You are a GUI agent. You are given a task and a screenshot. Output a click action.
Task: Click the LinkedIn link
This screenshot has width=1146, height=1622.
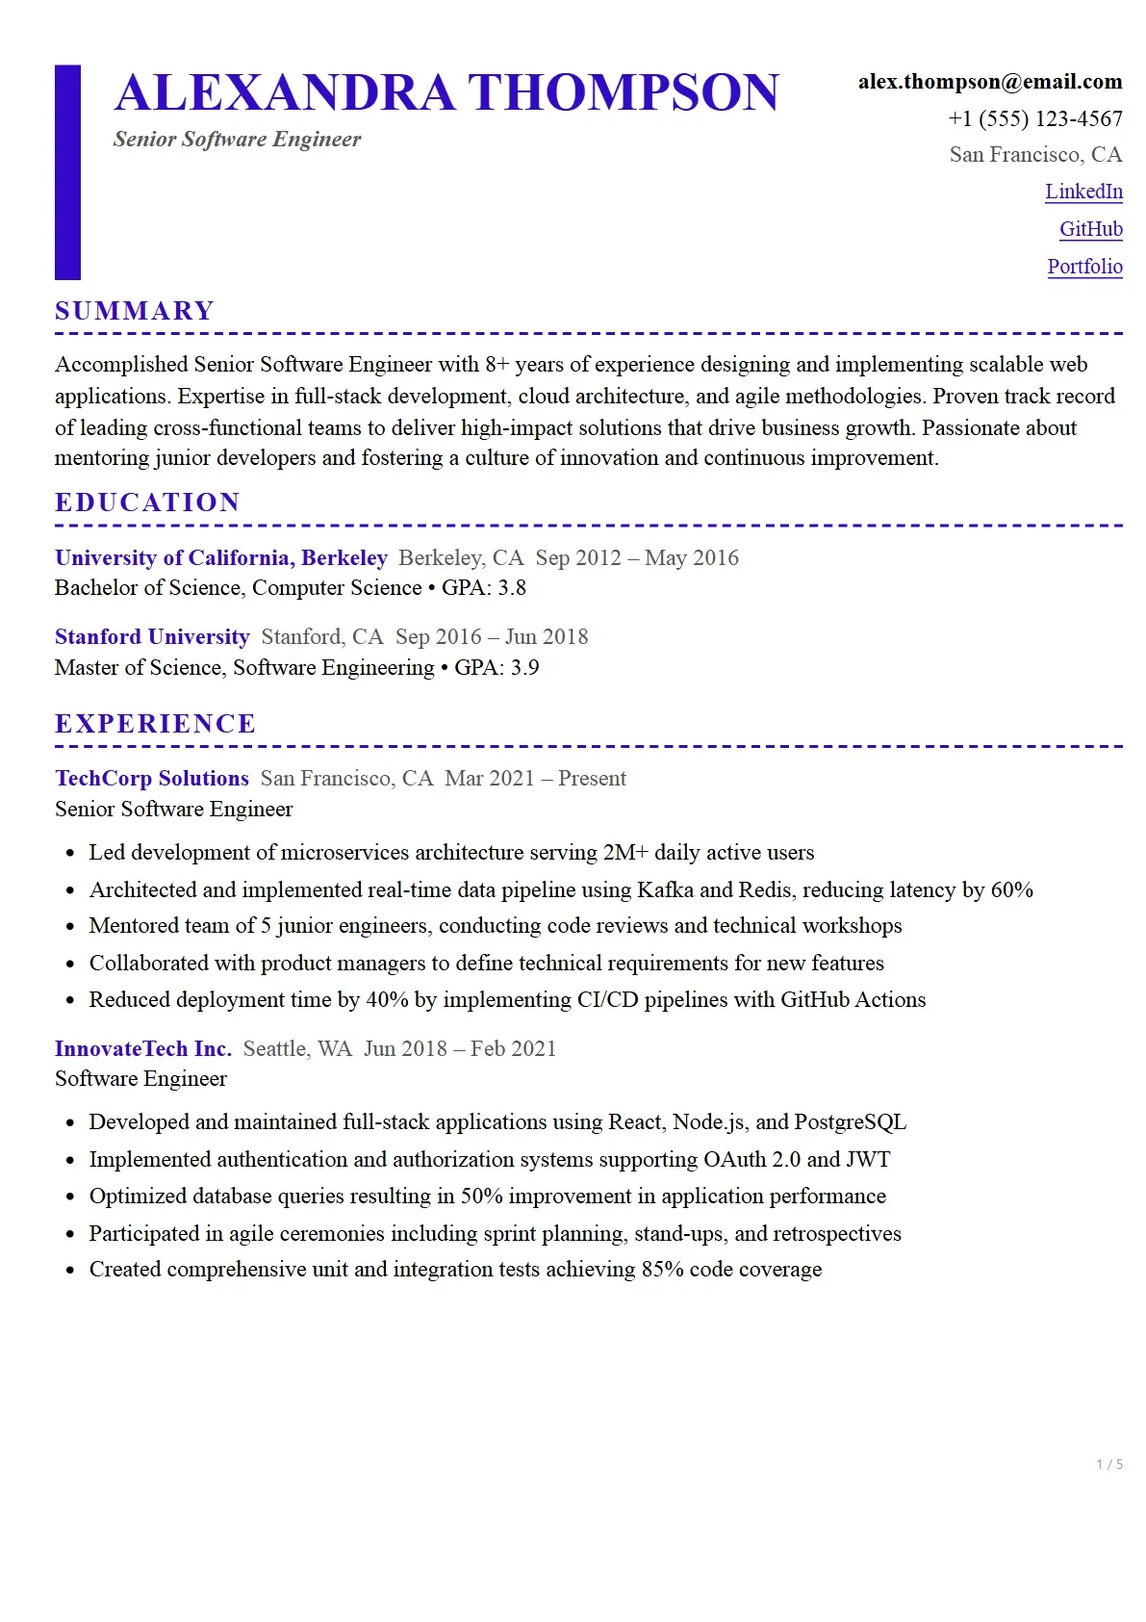(1083, 192)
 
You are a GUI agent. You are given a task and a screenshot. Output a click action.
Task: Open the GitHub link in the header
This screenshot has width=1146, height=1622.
(1090, 229)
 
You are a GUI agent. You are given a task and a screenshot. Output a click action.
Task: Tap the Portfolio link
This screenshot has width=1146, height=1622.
(1084, 267)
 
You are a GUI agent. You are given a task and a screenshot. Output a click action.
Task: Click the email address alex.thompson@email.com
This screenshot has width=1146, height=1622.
(989, 82)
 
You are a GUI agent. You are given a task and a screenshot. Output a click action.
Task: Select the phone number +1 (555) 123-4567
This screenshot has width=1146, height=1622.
(1034, 118)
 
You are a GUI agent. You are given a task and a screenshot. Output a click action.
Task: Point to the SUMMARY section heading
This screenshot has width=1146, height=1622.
(135, 311)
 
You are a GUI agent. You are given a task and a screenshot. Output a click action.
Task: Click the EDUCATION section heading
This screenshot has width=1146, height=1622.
(147, 502)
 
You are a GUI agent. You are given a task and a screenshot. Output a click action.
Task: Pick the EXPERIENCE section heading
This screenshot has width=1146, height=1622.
(155, 724)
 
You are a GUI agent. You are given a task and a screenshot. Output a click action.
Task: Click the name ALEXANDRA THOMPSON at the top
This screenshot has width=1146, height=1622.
(446, 92)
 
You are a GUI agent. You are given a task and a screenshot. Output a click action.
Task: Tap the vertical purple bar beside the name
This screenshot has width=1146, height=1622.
(67, 172)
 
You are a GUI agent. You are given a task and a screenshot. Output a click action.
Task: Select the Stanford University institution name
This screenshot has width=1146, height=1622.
(152, 637)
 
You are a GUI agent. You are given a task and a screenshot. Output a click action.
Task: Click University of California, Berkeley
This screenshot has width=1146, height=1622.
(221, 558)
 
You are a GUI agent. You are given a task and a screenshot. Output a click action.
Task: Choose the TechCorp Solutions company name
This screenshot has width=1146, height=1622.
(152, 779)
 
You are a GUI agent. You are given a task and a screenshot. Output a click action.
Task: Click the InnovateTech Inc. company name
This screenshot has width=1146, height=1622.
(143, 1049)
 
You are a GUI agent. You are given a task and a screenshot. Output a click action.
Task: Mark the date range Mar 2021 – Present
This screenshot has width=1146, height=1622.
(535, 779)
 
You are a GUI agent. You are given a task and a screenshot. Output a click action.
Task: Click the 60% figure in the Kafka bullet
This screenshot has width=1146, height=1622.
(1011, 890)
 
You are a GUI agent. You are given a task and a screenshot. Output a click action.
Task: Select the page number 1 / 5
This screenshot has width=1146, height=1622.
(1108, 1464)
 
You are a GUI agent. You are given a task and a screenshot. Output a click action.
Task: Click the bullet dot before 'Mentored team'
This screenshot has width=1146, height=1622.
(70, 927)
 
